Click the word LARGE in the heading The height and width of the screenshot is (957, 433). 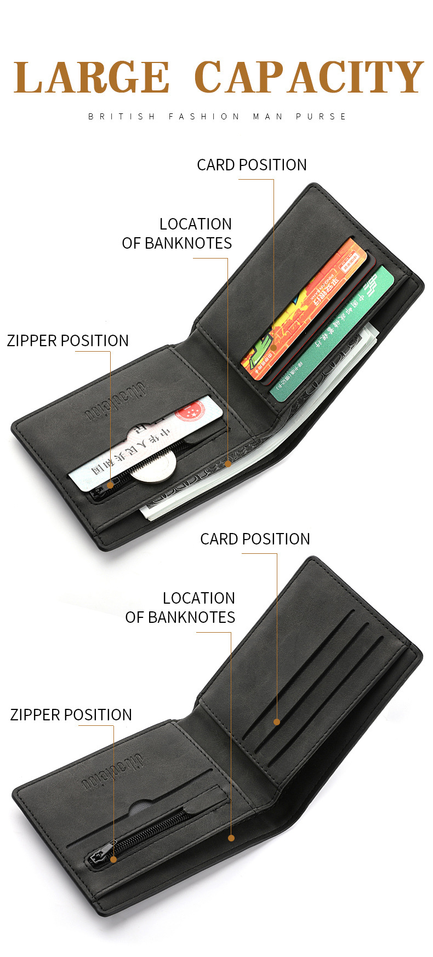click(x=92, y=77)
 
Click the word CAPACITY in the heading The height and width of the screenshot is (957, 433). click(x=309, y=77)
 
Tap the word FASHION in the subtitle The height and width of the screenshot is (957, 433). click(x=204, y=116)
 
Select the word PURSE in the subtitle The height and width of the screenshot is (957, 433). click(x=321, y=116)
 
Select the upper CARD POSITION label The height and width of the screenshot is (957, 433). click(x=252, y=165)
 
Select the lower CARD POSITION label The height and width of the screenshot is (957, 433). click(x=255, y=539)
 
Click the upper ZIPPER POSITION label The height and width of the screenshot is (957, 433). click(x=67, y=341)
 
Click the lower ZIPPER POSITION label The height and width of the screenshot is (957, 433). click(x=71, y=715)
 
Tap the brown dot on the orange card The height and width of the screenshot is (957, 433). click(x=274, y=347)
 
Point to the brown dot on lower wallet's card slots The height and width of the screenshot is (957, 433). click(x=277, y=722)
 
